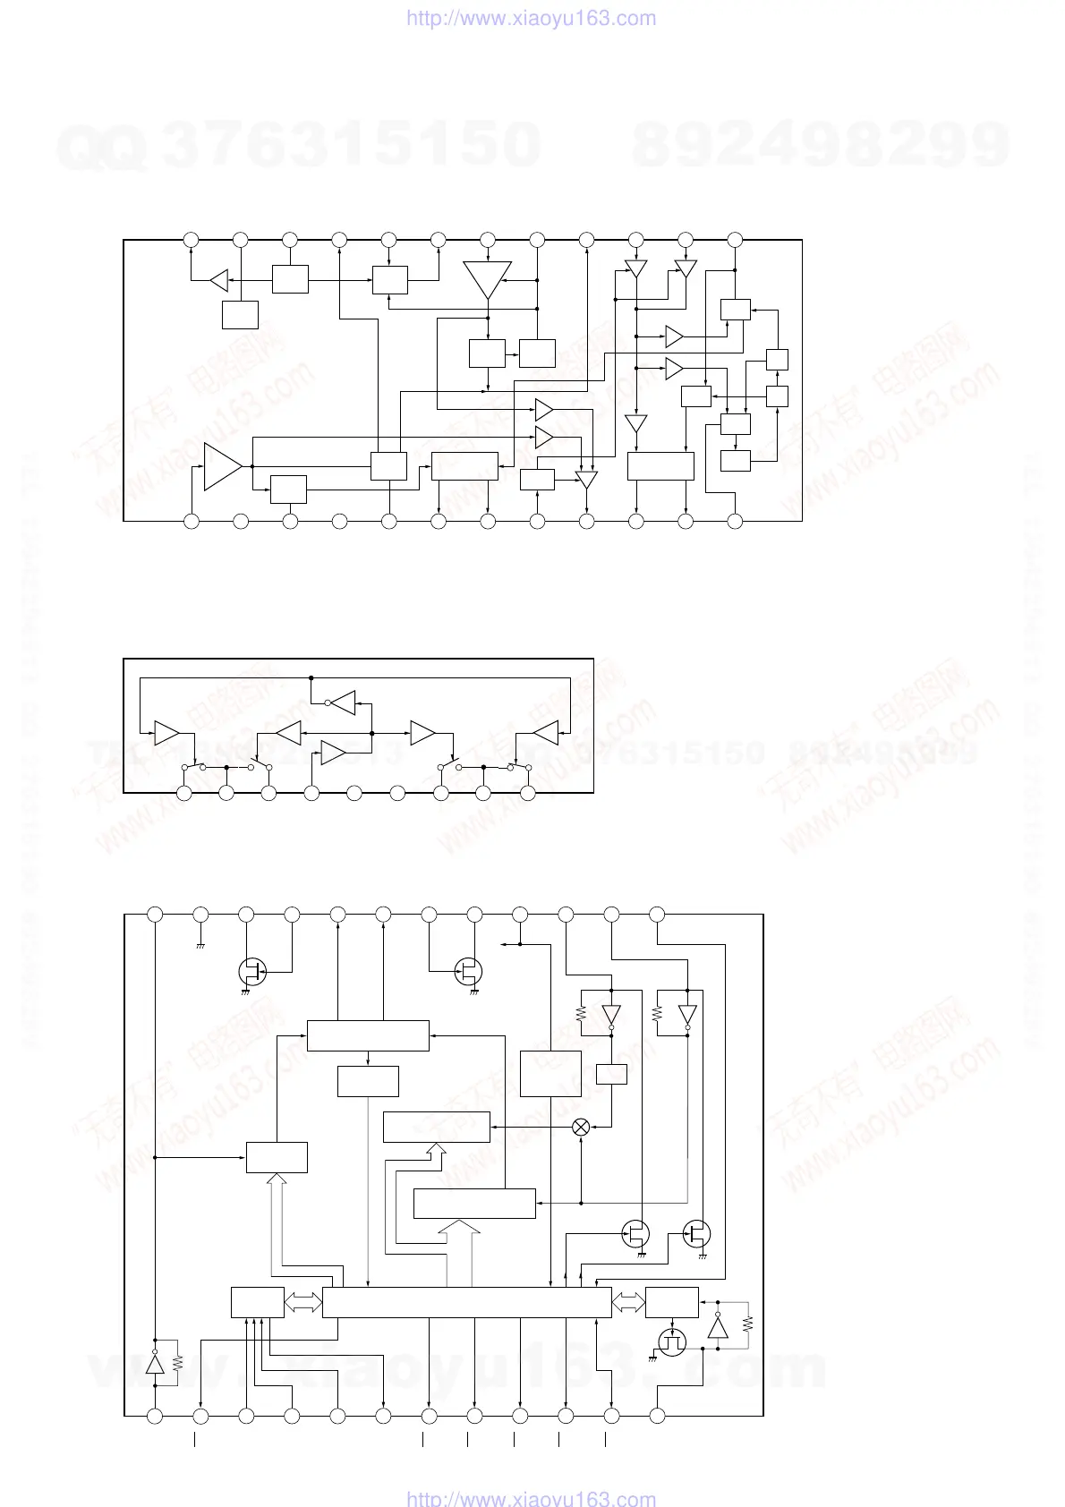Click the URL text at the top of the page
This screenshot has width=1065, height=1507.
[x=532, y=18]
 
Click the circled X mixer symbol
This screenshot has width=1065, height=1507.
[x=581, y=1128]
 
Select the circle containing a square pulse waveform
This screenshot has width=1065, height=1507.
[x=671, y=1342]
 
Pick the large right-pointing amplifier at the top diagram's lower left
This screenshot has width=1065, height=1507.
[x=223, y=466]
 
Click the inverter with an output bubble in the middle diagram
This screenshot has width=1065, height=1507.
[x=343, y=702]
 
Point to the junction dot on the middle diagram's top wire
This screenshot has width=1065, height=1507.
[x=311, y=677]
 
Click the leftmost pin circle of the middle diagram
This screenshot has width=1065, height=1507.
[x=183, y=794]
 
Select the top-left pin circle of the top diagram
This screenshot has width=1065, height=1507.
[x=191, y=240]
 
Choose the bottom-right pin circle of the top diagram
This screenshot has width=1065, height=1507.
[x=735, y=520]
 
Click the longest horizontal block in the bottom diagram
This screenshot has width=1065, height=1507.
[x=466, y=1303]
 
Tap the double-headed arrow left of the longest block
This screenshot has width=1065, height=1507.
[x=302, y=1303]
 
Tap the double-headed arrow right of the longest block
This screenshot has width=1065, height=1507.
[x=628, y=1303]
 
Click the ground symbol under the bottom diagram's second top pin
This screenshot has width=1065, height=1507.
[x=200, y=945]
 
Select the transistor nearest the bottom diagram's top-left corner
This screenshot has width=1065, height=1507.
[x=252, y=971]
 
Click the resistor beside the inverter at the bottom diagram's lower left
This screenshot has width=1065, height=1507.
[x=177, y=1362]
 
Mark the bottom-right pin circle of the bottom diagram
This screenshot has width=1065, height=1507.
[x=657, y=1416]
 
